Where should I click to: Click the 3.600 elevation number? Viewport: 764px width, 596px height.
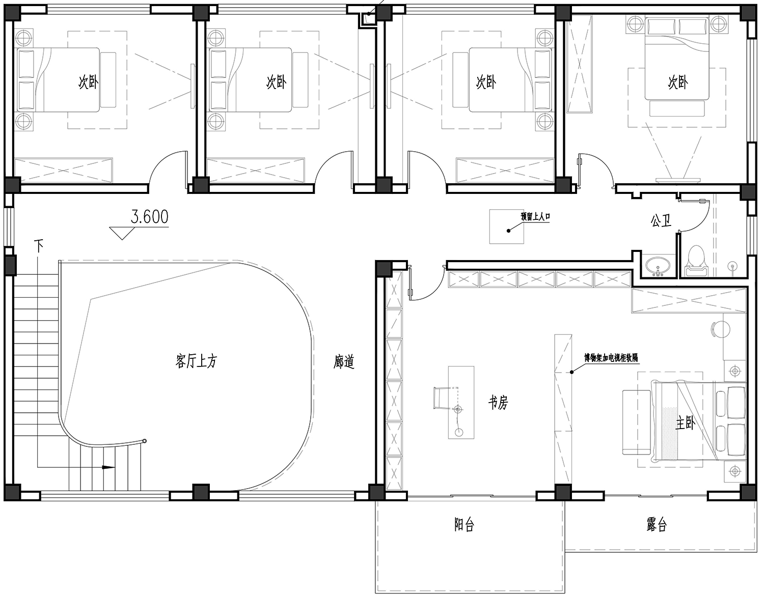[149, 217]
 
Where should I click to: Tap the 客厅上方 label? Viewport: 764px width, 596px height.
[196, 361]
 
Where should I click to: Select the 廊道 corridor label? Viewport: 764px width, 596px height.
[344, 362]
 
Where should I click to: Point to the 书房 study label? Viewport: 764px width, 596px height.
[498, 403]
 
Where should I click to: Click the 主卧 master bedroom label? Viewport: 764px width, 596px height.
[685, 423]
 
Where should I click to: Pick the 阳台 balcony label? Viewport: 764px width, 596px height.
[464, 525]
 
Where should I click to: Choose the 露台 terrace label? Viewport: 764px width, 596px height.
[657, 525]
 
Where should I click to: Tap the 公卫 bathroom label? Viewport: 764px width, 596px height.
[661, 220]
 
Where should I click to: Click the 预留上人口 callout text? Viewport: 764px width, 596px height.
[535, 217]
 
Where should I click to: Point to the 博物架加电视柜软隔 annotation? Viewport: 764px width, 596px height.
[611, 358]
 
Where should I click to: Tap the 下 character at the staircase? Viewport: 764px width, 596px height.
[38, 245]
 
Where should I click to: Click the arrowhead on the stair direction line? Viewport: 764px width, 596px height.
[108, 467]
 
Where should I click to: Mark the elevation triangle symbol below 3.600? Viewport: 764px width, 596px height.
[122, 234]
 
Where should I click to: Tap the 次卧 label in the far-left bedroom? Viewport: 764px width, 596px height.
[88, 82]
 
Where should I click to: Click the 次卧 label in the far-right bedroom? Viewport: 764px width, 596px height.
[678, 82]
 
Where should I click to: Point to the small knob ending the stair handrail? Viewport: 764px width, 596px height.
[144, 441]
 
